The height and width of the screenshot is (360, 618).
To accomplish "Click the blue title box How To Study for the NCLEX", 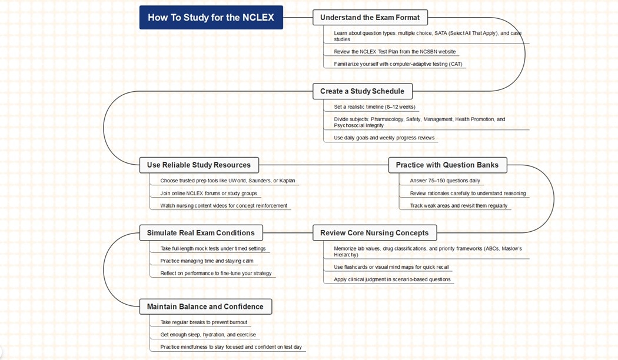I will coord(211,18).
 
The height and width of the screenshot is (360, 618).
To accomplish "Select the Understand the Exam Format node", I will coord(370,18).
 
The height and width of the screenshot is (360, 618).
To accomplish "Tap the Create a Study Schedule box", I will coord(362,91).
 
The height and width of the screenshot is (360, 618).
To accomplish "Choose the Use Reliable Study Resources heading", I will coord(199,165).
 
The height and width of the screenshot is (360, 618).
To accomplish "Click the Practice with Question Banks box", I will coord(447,165).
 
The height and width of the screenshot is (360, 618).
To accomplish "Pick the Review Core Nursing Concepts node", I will coord(374,233).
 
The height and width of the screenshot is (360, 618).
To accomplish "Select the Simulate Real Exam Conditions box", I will coord(201,233).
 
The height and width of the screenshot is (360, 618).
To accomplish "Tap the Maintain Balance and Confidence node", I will coord(205,306).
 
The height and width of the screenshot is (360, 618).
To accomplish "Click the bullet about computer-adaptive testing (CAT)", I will coord(398,64).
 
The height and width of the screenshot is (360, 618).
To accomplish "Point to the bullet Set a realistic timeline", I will coord(374,107).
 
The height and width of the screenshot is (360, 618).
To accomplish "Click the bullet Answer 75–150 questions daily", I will coord(445,181).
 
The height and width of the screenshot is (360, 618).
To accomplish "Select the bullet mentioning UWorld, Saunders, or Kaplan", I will coord(228,181).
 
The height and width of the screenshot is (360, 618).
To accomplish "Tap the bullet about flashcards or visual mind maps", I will coord(391,267).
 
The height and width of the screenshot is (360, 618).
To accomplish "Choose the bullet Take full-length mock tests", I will coord(213,249).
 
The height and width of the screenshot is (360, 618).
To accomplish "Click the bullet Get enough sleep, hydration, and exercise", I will coord(208,335).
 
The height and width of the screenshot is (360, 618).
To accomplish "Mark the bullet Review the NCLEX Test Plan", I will coord(394,52).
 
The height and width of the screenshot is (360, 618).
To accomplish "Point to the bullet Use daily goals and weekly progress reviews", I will coord(384,138).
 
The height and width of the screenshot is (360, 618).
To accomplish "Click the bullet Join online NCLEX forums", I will coord(208,193).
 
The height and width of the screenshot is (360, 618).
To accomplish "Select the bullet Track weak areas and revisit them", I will coord(458,206).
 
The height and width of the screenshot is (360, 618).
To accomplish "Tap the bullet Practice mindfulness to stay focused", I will coord(231,347).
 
